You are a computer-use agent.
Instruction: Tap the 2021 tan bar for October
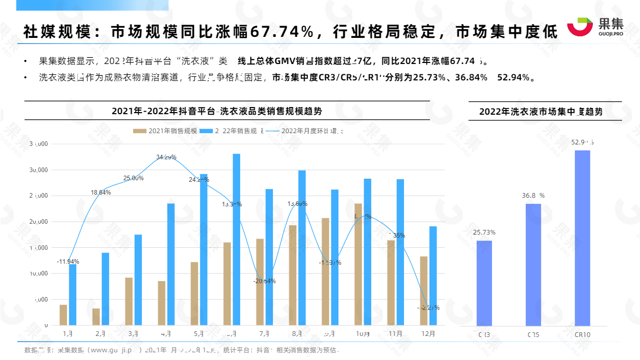pyautogui.click(x=358, y=264)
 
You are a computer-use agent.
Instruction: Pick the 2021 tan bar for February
pyautogui.click(x=96, y=316)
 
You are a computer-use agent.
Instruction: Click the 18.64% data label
pyautogui.click(x=101, y=193)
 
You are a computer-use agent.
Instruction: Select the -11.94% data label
pyautogui.click(x=68, y=262)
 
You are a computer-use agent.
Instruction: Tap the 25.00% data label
pyautogui.click(x=133, y=178)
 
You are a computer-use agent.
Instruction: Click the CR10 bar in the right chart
pyautogui.click(x=582, y=238)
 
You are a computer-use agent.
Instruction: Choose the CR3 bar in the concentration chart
pyautogui.click(x=484, y=283)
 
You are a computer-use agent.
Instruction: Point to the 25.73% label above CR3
pyautogui.click(x=484, y=232)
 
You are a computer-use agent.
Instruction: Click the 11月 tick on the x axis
pyautogui.click(x=395, y=333)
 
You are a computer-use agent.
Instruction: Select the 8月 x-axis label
pyautogui.click(x=297, y=333)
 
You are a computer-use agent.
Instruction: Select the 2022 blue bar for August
pyautogui.click(x=302, y=248)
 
